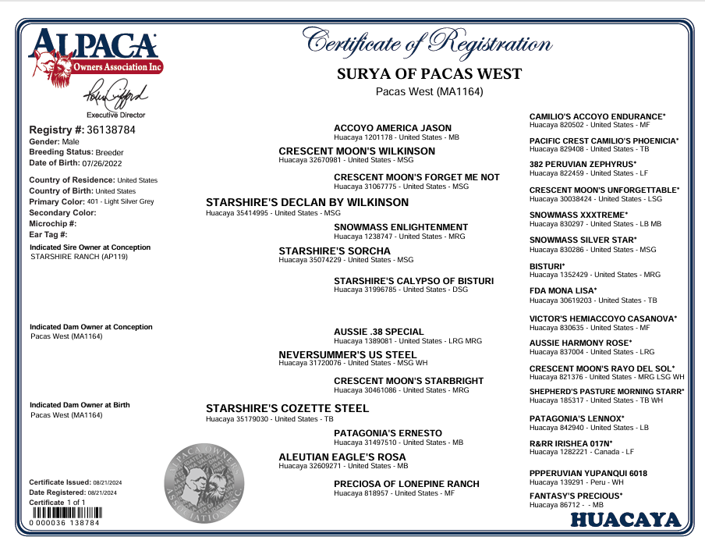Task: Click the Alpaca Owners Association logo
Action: (95, 55)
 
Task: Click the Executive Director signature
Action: (115, 96)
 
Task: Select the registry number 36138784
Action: (112, 130)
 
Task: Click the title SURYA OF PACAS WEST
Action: (429, 74)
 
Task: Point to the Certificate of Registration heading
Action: (429, 41)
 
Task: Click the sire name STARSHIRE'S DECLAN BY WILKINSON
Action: (306, 202)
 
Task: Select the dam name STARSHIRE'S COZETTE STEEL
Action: (287, 408)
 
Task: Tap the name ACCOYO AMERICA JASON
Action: (392, 128)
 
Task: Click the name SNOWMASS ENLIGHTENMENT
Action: (401, 227)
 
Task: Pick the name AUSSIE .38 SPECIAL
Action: (378, 332)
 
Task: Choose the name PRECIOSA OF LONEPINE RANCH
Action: (406, 484)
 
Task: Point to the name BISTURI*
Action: (547, 266)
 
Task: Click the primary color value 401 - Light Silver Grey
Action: (120, 201)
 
